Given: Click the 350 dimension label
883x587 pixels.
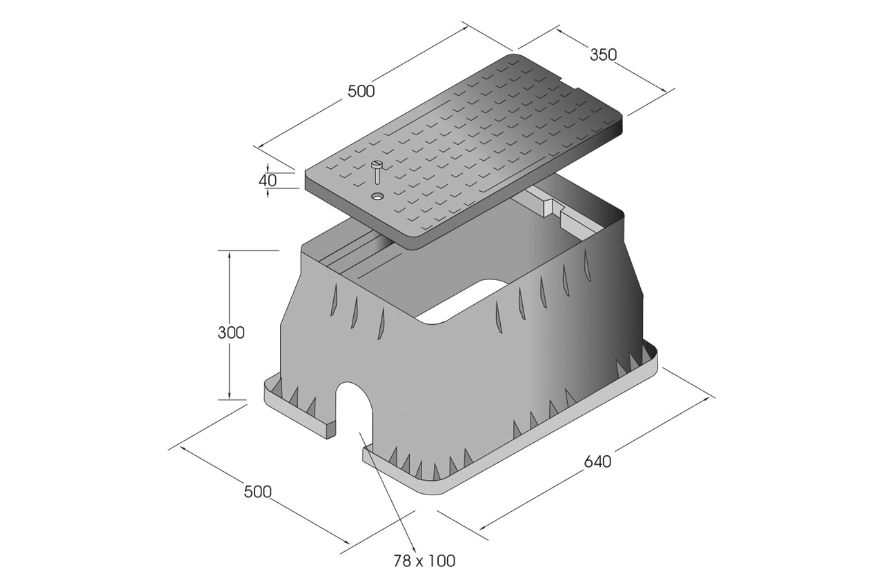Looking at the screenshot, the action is tap(603, 54).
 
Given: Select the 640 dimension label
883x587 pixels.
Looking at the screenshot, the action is tap(597, 461).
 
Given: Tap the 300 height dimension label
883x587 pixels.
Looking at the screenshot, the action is tap(231, 332).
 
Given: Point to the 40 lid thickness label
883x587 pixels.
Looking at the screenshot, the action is tap(268, 181).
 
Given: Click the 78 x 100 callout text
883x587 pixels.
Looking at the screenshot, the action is tap(424, 561).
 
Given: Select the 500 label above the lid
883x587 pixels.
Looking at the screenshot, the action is tap(361, 92).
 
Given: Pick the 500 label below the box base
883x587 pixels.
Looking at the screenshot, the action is tap(258, 492).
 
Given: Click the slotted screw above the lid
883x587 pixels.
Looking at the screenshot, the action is tap(377, 172).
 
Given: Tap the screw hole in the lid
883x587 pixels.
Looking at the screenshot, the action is tap(378, 196).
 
